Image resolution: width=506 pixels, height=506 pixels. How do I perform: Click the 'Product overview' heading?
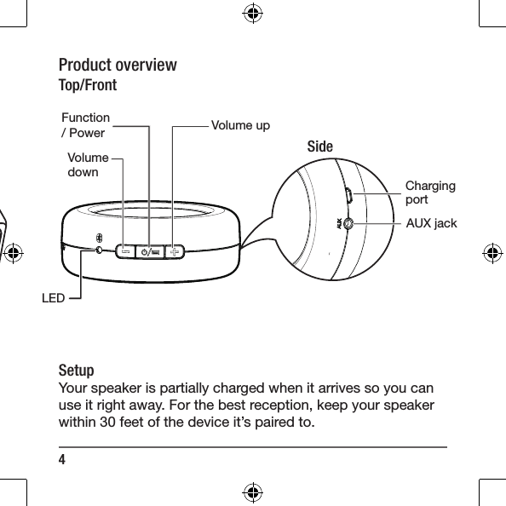(x=118, y=66)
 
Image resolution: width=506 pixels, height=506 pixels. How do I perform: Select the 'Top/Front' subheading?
(x=87, y=86)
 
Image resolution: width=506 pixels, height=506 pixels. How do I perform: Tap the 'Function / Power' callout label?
(x=85, y=125)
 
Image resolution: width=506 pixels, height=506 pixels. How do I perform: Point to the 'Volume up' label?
(x=240, y=126)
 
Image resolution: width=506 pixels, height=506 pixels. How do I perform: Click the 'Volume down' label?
(x=87, y=164)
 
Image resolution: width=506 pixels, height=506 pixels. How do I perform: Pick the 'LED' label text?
(x=53, y=299)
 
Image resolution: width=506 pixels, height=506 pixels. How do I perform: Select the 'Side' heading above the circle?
(x=319, y=147)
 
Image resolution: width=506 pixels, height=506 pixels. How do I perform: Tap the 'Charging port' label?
(x=429, y=193)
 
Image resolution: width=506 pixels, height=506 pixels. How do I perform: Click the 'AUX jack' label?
(x=431, y=224)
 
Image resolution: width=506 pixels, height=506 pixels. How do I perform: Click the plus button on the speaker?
(x=175, y=251)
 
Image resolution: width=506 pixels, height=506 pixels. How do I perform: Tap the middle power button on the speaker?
(x=150, y=251)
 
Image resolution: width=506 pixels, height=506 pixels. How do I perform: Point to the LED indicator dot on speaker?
(x=101, y=250)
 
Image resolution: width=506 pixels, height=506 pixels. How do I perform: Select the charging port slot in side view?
(x=349, y=195)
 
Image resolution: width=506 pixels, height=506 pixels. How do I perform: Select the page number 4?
(x=62, y=459)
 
